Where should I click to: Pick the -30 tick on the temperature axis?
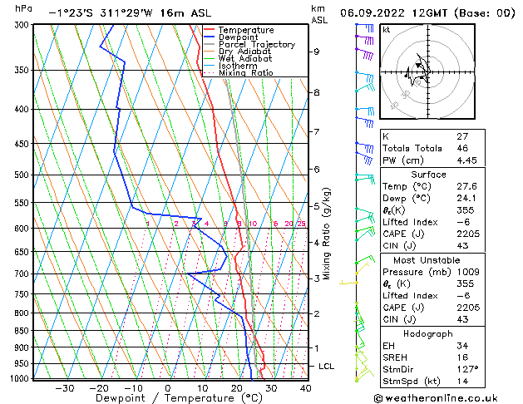click(x=65, y=387)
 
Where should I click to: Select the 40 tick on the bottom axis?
click(x=305, y=387)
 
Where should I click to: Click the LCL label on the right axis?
click(x=327, y=367)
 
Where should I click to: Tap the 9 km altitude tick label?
click(x=316, y=52)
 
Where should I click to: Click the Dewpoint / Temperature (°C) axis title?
click(x=167, y=398)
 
